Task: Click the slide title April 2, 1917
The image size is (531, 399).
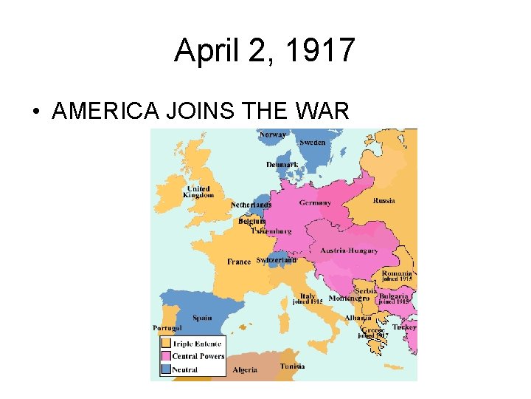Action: (265, 51)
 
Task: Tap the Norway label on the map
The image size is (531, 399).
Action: (274, 134)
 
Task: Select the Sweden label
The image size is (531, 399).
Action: (312, 143)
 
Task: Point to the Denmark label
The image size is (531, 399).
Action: (282, 164)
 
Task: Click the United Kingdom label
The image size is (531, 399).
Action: (198, 192)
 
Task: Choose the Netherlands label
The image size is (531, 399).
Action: (251, 205)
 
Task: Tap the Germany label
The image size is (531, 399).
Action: (315, 202)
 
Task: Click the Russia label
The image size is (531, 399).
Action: (383, 200)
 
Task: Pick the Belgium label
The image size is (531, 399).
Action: (251, 221)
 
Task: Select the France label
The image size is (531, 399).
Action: (239, 262)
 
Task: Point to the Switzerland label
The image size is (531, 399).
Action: (276, 260)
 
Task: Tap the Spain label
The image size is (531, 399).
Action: (202, 318)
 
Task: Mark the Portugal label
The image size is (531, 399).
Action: (167, 328)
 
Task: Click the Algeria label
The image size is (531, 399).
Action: (245, 369)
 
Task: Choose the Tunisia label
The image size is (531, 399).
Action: (292, 366)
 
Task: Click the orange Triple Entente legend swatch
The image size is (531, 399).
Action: (166, 344)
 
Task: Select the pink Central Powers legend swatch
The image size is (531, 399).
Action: (166, 356)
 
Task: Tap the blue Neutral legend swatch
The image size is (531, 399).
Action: (166, 369)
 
